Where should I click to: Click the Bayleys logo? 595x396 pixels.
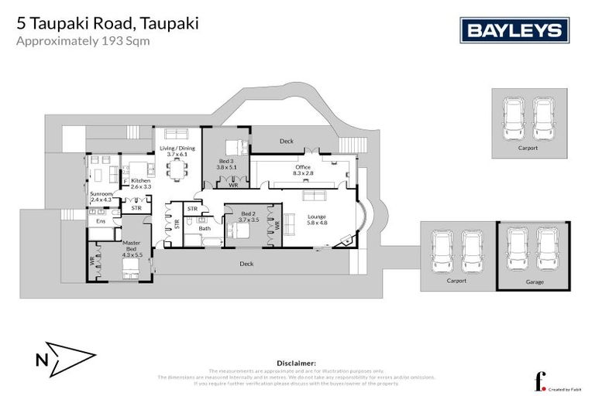click(x=515, y=30)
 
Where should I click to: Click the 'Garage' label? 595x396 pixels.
click(x=535, y=282)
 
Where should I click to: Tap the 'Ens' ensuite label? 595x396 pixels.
click(x=100, y=221)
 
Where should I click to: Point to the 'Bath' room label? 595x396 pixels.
click(x=205, y=228)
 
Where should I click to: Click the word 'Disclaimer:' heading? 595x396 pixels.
click(x=297, y=363)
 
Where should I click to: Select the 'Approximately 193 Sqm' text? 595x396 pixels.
click(x=84, y=42)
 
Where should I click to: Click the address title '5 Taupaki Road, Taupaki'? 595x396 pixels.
click(x=107, y=23)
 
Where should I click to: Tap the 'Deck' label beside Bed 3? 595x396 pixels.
click(x=287, y=141)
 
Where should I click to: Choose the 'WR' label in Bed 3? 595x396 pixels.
click(x=232, y=185)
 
